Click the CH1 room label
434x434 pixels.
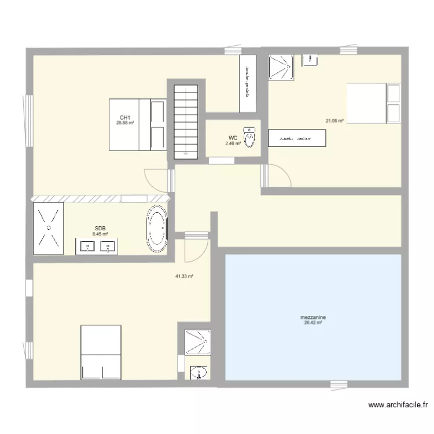[x=124, y=117]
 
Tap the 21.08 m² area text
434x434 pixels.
[x=334, y=120]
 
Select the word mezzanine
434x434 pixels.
[x=312, y=318]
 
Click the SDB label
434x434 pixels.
[x=100, y=229]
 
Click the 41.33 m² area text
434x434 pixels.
[x=184, y=277]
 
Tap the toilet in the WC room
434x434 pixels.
[x=250, y=138]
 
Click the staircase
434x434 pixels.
[x=186, y=121]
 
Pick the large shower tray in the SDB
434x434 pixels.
[x=49, y=227]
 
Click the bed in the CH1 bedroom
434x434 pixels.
[x=138, y=124]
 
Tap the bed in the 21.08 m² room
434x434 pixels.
[x=373, y=103]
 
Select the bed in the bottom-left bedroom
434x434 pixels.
[x=101, y=352]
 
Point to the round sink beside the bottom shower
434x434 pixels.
[x=199, y=372]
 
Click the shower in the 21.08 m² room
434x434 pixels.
[x=281, y=67]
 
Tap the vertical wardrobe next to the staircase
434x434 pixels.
[x=248, y=83]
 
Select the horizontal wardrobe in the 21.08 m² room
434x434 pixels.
[x=297, y=139]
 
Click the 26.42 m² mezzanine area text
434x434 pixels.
[x=312, y=323]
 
